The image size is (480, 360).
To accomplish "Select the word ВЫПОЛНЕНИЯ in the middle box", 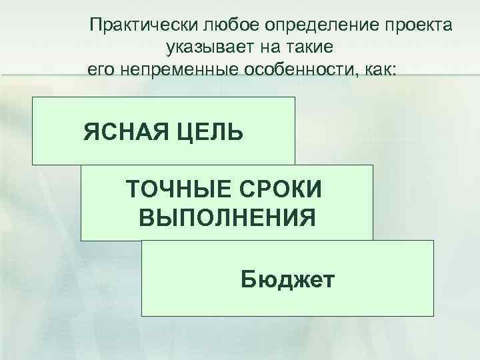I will click(x=227, y=217).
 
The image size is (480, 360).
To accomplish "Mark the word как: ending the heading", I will click(x=380, y=69).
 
